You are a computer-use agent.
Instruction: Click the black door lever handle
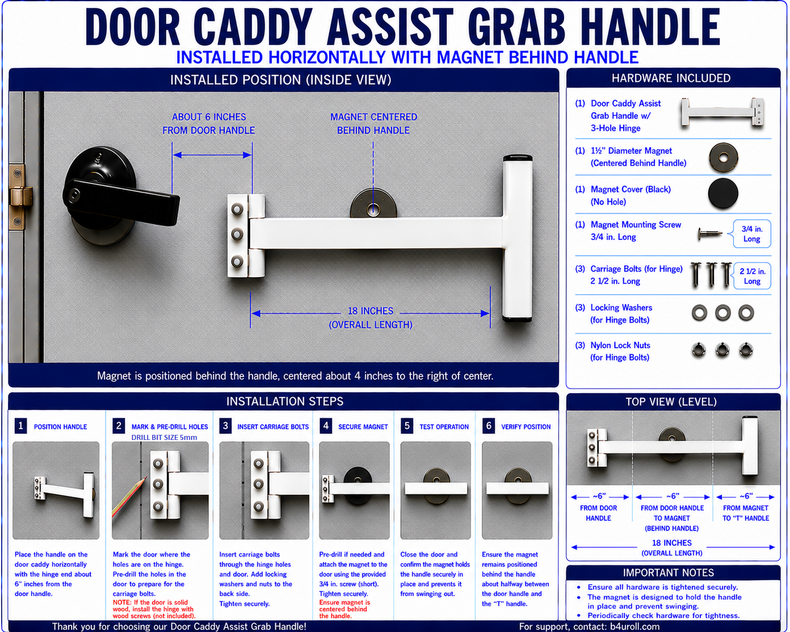[x=121, y=201]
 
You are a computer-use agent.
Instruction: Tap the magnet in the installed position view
[x=373, y=204]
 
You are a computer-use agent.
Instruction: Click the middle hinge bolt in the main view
[x=237, y=234]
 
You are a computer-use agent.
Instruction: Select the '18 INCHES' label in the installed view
[x=370, y=311]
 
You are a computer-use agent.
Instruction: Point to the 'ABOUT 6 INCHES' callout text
[x=209, y=117]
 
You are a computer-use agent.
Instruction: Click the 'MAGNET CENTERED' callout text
[x=374, y=117]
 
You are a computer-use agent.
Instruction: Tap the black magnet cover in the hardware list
[x=723, y=193]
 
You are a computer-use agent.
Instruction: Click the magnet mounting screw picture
[x=710, y=233]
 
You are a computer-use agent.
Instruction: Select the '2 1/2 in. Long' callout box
[x=752, y=276]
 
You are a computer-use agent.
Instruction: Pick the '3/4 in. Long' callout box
[x=752, y=234]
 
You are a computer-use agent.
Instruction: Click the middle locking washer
[x=722, y=313]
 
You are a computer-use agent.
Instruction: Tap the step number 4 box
[x=326, y=426]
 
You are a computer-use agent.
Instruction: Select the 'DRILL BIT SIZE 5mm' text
[x=164, y=437]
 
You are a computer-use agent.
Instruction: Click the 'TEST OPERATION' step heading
[x=444, y=427]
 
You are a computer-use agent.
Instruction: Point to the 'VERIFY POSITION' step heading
[x=526, y=427]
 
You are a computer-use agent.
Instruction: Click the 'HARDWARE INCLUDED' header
[x=671, y=78]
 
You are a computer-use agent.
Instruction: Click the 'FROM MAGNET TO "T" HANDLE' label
[x=745, y=513]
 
